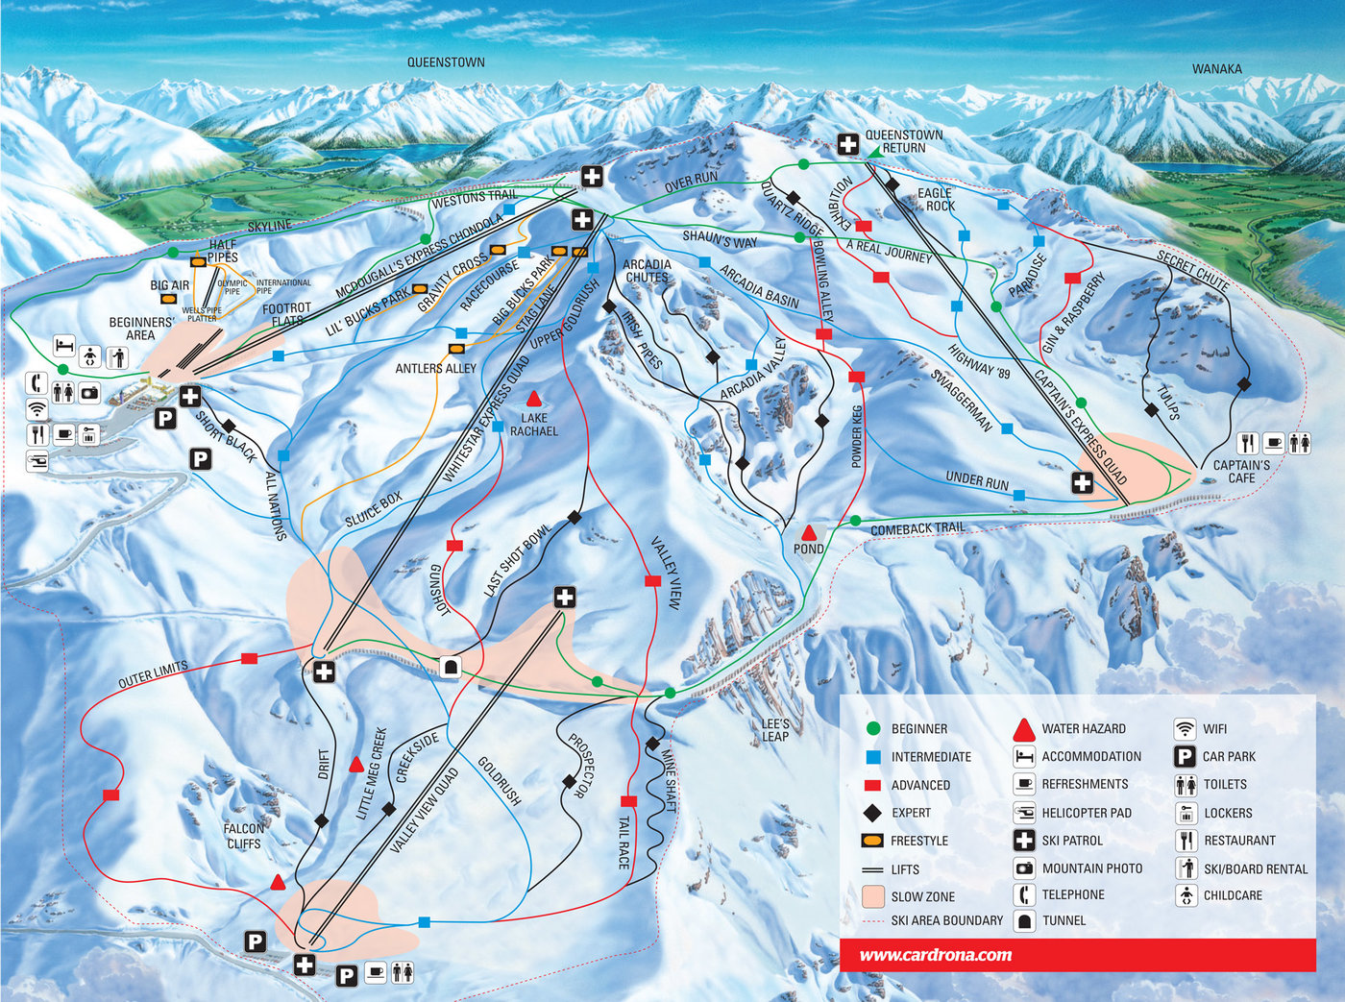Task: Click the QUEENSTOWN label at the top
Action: [x=446, y=62]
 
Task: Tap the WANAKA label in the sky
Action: [x=1216, y=69]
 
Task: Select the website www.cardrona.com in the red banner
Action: [x=935, y=955]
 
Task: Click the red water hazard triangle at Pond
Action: [x=809, y=532]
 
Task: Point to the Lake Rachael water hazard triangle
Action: [x=533, y=398]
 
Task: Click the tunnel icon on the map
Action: [x=451, y=667]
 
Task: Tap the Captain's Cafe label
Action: [x=1240, y=471]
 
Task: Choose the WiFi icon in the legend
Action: [x=1186, y=728]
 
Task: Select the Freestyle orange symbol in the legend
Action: [x=872, y=841]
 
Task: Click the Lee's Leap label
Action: [x=775, y=730]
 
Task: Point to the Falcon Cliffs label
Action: [x=244, y=836]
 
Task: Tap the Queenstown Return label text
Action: [x=903, y=141]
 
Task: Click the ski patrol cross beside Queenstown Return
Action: [x=847, y=144]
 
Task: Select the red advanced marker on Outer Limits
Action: [x=250, y=658]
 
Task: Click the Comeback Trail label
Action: [x=917, y=528]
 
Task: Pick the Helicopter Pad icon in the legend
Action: [x=1024, y=813]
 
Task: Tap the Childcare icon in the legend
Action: [x=1186, y=895]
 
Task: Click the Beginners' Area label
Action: [x=140, y=329]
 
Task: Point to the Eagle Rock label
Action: [x=935, y=199]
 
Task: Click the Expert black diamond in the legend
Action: [x=872, y=813]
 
